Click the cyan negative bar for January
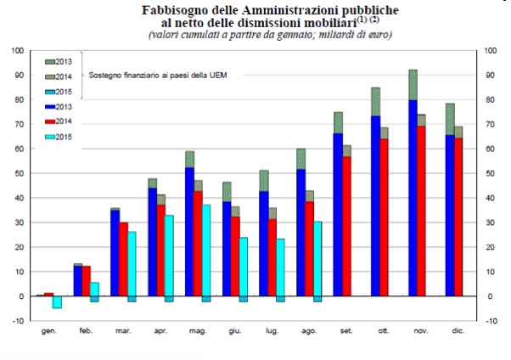tap(58, 302)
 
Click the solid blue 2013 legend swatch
tap(50, 107)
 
